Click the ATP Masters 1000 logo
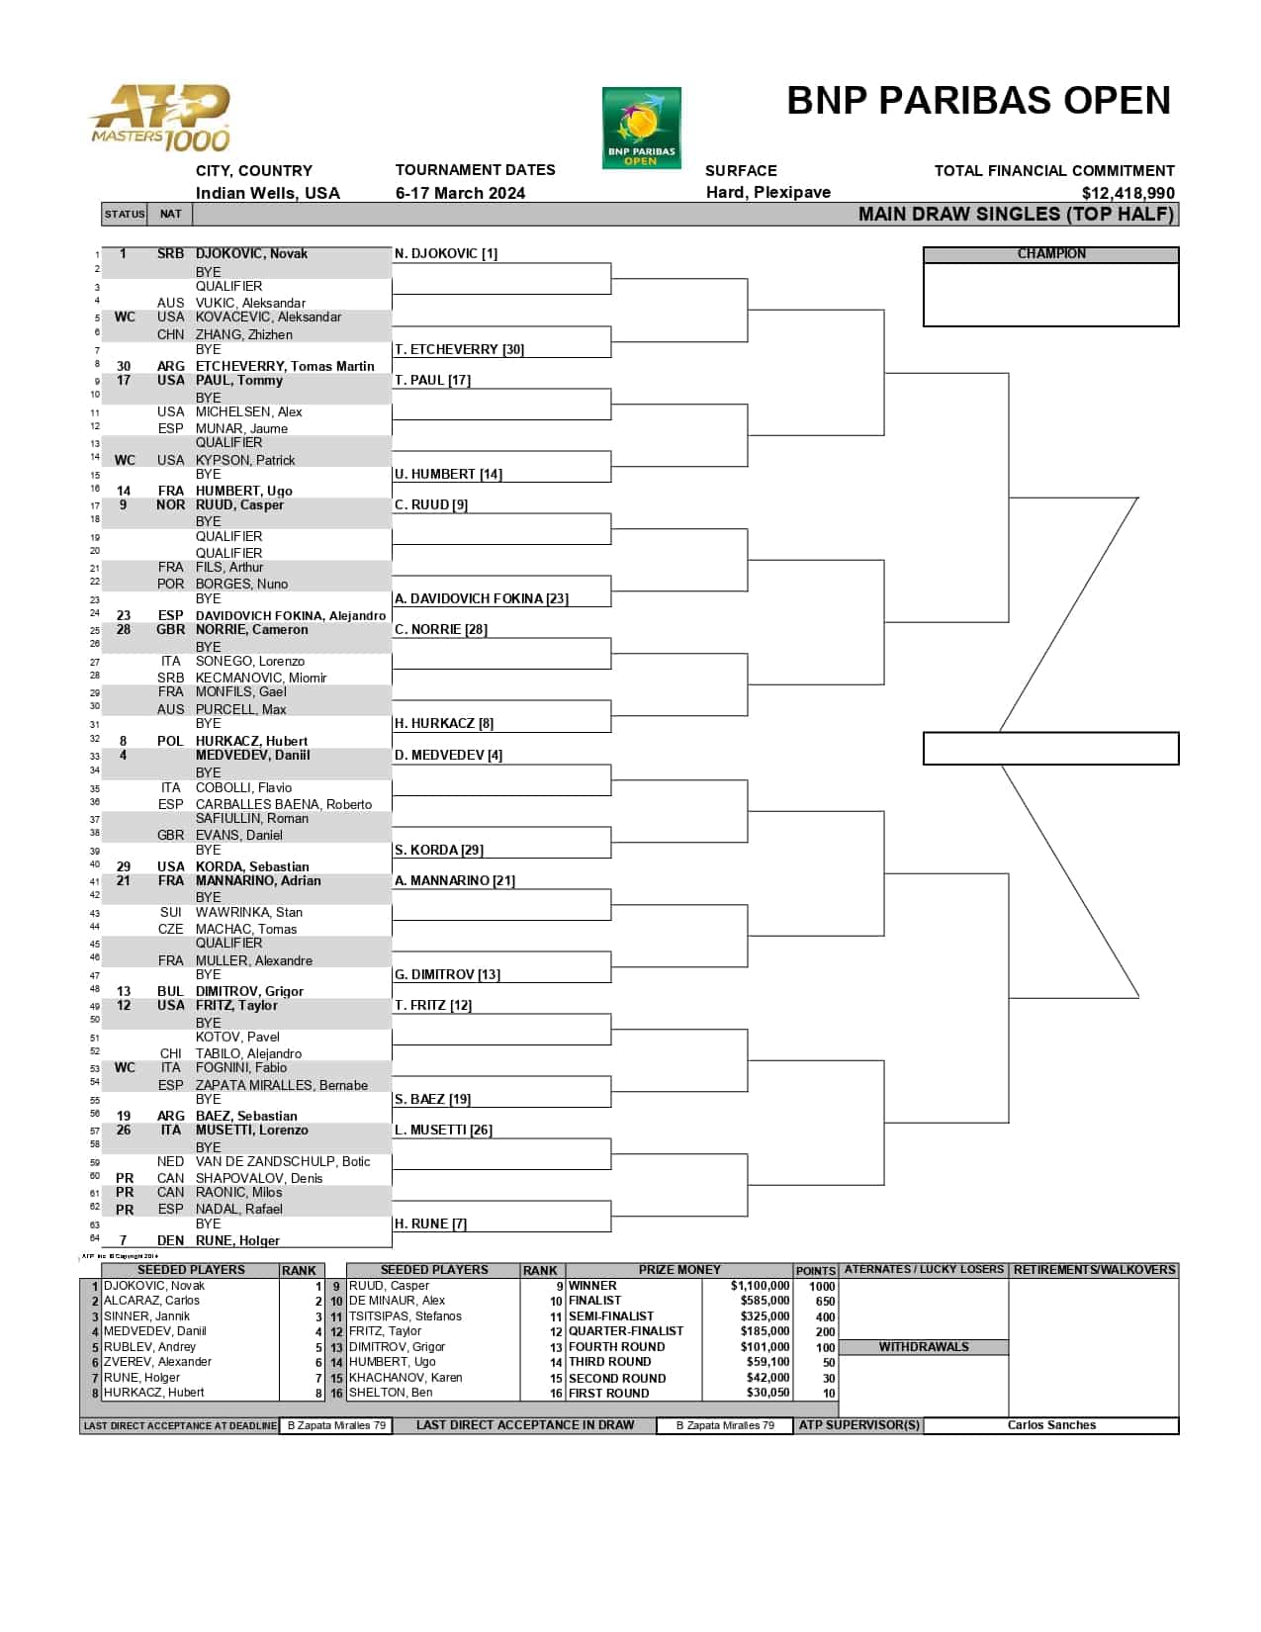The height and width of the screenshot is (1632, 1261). (x=160, y=119)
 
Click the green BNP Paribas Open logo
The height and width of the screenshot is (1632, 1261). (x=641, y=129)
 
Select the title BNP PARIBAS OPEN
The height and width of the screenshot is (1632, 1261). (x=978, y=101)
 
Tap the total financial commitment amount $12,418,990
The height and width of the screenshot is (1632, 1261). (x=1127, y=194)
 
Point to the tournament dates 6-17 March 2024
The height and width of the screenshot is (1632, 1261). (x=460, y=193)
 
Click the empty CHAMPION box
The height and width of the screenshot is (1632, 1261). (x=1050, y=294)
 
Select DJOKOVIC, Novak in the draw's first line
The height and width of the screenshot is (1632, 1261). (x=251, y=254)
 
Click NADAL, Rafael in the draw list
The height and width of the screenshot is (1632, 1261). (x=238, y=1209)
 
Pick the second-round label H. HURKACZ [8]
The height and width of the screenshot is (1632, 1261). (x=444, y=724)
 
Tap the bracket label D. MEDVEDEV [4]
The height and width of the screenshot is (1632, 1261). (x=448, y=756)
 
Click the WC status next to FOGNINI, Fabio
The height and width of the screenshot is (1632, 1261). (x=125, y=1068)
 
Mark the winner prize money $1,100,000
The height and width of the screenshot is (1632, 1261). (x=760, y=1286)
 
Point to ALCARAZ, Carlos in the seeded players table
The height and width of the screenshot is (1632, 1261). (x=151, y=1301)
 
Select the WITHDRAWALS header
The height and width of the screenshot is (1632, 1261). (x=924, y=1347)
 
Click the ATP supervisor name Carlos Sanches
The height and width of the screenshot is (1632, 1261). (x=1050, y=1425)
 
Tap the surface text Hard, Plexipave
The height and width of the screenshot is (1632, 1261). (x=767, y=193)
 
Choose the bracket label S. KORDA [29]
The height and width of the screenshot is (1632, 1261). (x=438, y=851)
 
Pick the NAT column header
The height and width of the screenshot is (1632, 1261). (x=170, y=214)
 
